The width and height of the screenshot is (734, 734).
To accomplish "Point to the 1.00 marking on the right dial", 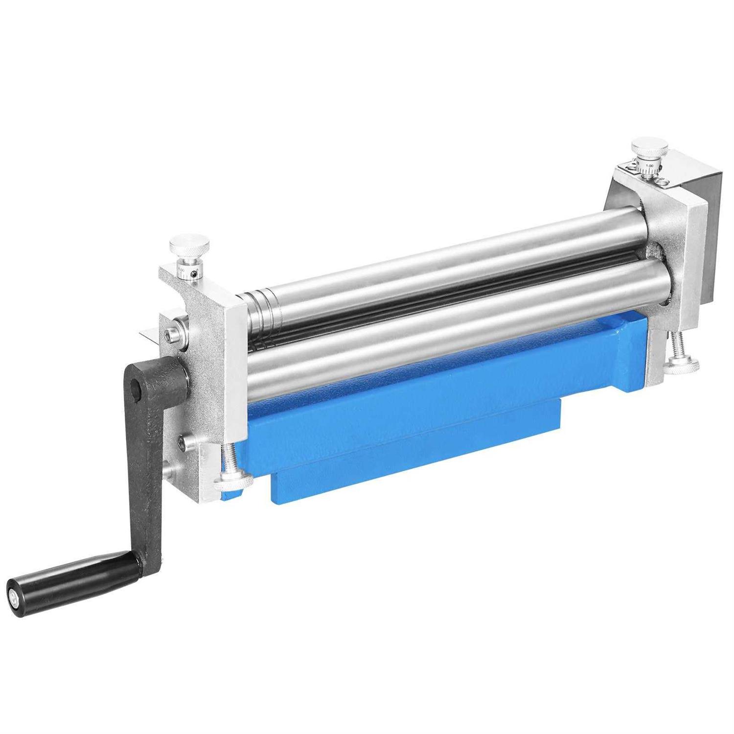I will [649, 166].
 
